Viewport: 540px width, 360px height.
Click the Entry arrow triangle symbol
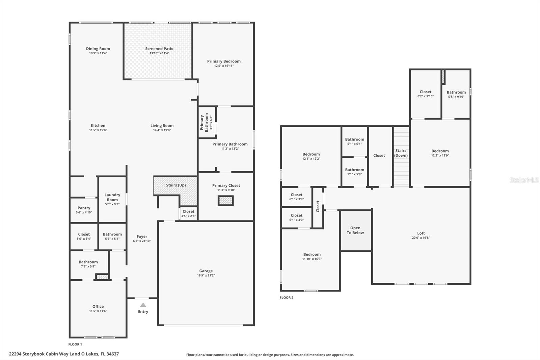[x=143, y=305]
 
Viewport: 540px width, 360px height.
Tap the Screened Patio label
[x=159, y=49]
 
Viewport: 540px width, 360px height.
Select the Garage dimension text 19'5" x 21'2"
[x=206, y=275]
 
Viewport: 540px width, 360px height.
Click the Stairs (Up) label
[x=176, y=185]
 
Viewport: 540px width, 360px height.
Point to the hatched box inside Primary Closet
[x=225, y=201]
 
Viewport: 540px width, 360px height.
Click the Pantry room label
[x=84, y=208]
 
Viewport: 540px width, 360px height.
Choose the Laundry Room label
[x=112, y=197]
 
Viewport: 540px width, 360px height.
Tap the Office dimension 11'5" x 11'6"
[x=98, y=311]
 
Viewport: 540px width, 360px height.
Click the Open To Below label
[x=355, y=230]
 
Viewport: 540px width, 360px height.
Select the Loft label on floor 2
[x=421, y=233]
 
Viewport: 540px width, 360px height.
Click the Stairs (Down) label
[x=401, y=153]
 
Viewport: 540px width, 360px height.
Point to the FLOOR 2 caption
[x=287, y=298]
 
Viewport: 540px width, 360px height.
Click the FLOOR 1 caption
[x=75, y=344]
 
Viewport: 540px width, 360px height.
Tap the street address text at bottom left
[x=64, y=354]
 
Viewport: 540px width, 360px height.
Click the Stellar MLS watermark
[x=524, y=180]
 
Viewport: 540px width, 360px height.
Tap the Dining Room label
[x=98, y=49]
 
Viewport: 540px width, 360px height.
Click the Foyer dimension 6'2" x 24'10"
[x=142, y=241]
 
